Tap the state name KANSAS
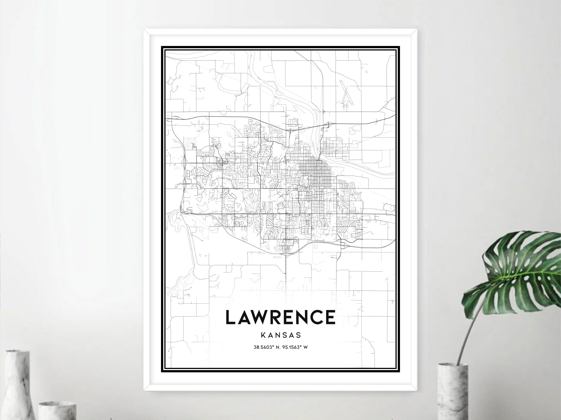[x=280, y=335]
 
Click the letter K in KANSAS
[x=263, y=335]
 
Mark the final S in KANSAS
[x=298, y=335]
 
